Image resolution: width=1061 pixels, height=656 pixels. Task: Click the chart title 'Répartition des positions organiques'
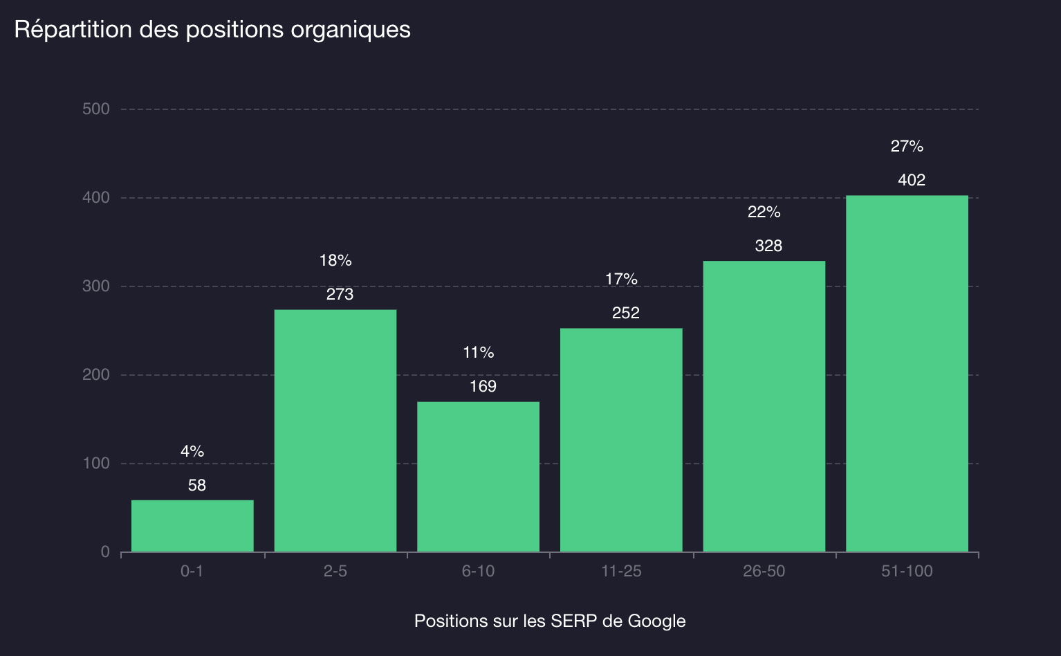click(212, 30)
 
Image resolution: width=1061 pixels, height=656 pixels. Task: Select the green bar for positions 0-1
click(192, 526)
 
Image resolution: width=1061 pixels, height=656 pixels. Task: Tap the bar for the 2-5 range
click(335, 430)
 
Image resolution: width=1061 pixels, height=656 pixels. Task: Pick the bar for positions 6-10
click(478, 476)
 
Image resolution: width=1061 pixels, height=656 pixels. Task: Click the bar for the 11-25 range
click(621, 439)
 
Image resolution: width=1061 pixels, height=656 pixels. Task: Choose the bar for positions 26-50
click(764, 406)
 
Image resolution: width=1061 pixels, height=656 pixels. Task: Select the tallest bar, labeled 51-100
click(907, 374)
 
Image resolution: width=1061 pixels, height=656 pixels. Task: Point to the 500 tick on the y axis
click(96, 109)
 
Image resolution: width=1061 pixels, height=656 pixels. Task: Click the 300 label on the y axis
click(96, 286)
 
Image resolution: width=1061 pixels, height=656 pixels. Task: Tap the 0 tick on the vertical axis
click(105, 552)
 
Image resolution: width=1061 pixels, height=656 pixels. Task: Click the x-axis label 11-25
click(621, 572)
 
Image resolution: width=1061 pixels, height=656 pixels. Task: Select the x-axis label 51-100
click(907, 572)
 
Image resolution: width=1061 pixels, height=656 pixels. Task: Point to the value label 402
click(911, 181)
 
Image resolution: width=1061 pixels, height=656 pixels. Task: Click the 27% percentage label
click(907, 147)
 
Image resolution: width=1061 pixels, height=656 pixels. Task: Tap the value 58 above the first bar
click(197, 486)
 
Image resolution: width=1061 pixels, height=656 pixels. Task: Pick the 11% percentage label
click(478, 353)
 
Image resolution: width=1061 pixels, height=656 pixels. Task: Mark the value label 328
click(768, 246)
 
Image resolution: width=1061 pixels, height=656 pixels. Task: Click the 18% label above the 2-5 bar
click(335, 261)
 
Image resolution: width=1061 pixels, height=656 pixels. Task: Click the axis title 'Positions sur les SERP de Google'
click(550, 621)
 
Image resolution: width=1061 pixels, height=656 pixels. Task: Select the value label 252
click(625, 313)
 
